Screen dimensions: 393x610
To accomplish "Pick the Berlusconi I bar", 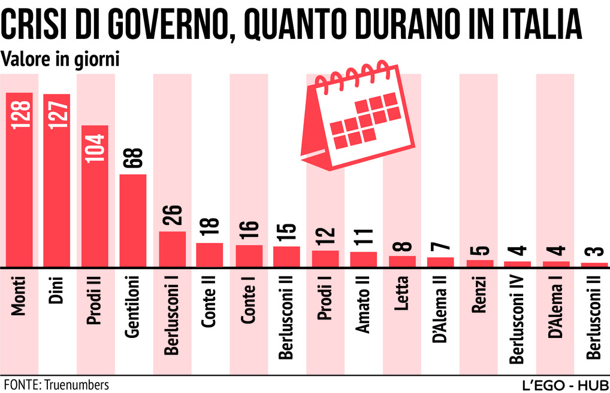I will click(172, 249).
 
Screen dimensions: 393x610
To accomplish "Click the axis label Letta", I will click(402, 293).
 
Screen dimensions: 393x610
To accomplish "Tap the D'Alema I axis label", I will click(555, 307).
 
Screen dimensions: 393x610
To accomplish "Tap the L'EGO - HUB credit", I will click(564, 383).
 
